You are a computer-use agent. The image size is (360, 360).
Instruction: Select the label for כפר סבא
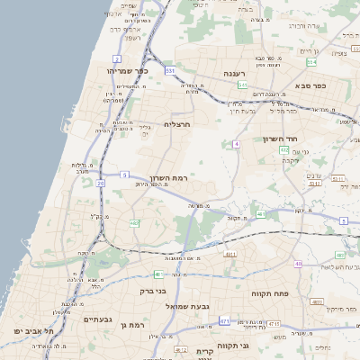[x=317, y=85]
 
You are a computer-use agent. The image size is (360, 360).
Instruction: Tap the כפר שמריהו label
[x=126, y=70]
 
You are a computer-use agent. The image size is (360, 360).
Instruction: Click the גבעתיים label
[x=97, y=319]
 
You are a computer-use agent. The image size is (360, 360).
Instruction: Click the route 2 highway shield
[x=117, y=59]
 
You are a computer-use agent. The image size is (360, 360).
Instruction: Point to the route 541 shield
[x=242, y=85]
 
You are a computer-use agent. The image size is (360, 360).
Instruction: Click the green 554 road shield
[x=311, y=62]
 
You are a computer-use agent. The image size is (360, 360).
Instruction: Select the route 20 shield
[x=100, y=183]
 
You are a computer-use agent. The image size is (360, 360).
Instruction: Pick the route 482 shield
[x=134, y=222]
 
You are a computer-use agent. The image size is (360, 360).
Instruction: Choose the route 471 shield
[x=224, y=321]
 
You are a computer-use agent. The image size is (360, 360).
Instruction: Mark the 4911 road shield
[x=230, y=255]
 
